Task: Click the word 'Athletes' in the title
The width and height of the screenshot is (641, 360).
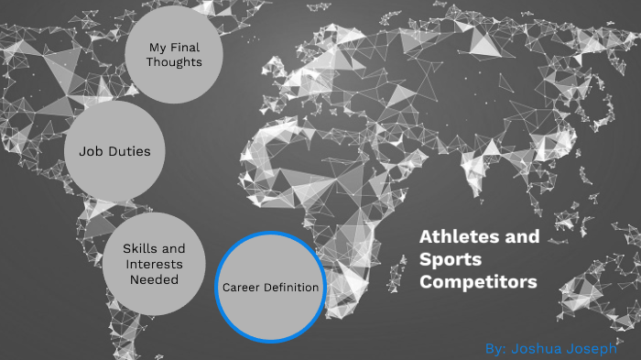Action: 454,237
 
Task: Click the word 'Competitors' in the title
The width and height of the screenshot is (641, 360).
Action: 478,282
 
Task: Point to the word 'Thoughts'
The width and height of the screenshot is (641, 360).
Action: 175,62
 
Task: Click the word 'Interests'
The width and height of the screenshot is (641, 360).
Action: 155,265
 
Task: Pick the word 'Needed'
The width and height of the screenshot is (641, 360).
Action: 155,280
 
